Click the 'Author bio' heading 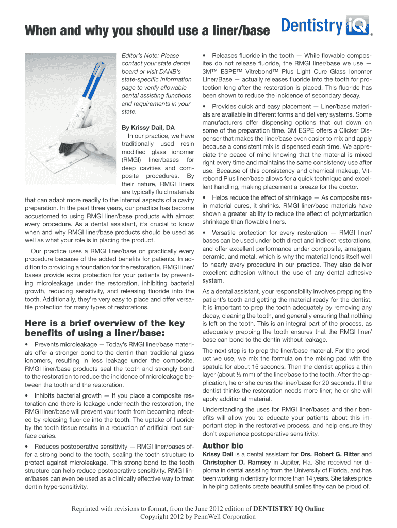click(x=223, y=445)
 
